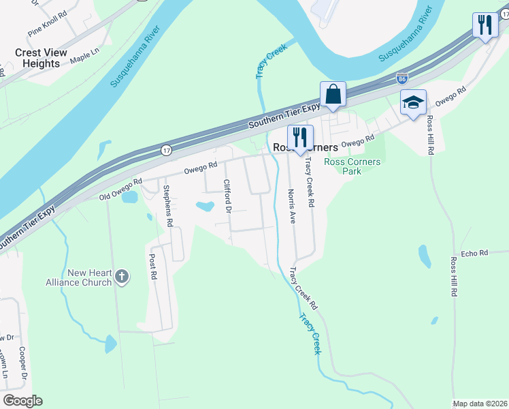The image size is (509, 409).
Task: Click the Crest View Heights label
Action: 42,58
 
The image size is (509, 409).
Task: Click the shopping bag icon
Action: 333,94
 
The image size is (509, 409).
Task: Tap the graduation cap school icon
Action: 413,103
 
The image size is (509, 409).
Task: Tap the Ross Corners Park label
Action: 352,166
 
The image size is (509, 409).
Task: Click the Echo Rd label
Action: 474,253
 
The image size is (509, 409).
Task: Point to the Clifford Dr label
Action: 227,195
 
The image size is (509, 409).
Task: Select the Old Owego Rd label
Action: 120,189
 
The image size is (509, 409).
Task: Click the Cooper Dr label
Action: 23,363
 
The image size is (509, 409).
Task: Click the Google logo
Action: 22,401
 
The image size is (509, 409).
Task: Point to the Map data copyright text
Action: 480,404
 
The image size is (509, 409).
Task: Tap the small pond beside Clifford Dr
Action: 203,204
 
